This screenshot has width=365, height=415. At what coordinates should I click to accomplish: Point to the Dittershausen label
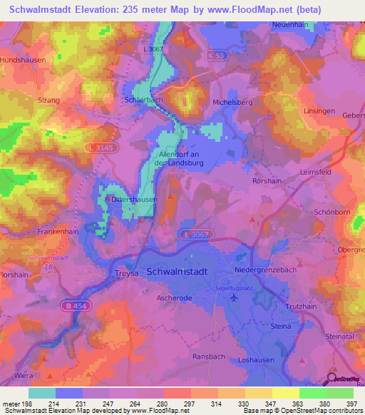point(134,200)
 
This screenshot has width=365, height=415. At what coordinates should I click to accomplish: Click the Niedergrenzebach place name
point(268,271)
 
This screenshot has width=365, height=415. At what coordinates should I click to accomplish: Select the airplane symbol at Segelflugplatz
point(234,297)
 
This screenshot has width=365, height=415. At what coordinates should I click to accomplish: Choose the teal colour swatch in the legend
point(41,393)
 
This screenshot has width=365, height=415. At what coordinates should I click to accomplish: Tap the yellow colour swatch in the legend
point(285,393)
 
